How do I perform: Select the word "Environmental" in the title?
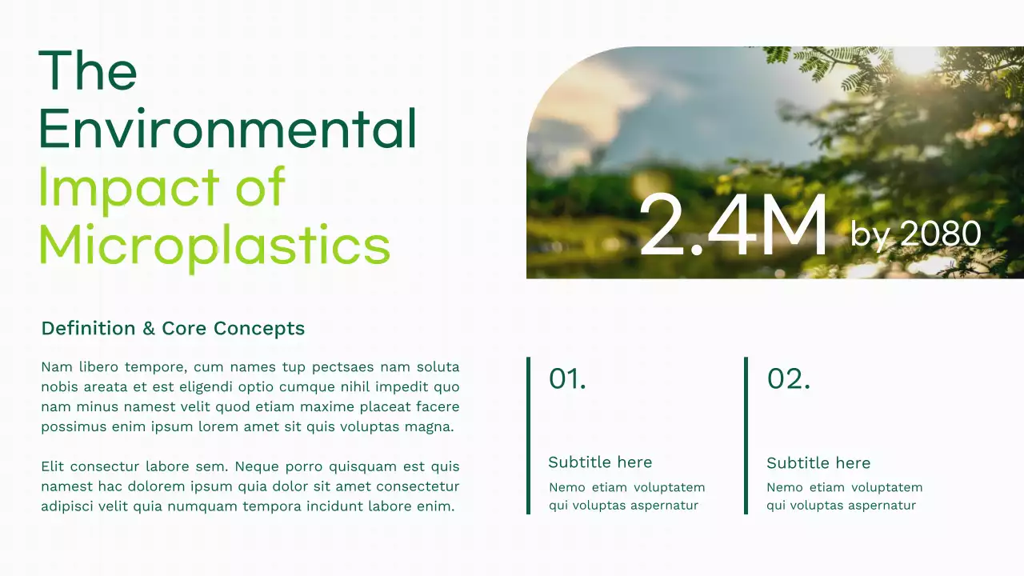227,129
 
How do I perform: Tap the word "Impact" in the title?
129,187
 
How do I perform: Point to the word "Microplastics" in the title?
214,246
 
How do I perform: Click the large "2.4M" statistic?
733,226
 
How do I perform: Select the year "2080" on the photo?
941,234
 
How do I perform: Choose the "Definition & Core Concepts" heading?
173,328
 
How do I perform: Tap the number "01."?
567,378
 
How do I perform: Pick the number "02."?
788,378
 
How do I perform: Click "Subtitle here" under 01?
600,462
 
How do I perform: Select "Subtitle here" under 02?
818,463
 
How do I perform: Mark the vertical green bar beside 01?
528,435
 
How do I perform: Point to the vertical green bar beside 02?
746,435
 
